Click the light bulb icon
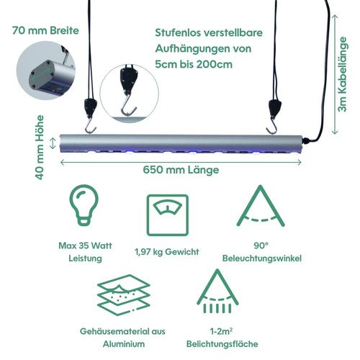pos(84,204)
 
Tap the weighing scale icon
pos(168,215)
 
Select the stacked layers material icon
pos(124,294)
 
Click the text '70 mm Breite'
pos(45,31)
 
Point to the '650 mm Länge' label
pos(181,170)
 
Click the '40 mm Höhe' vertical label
pos(40,148)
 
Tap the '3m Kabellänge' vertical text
pos(342,74)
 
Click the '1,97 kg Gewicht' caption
pos(167,252)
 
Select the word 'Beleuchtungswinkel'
pos(262,258)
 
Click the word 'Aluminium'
pos(124,344)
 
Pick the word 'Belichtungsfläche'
pos(222,344)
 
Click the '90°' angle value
pos(261,246)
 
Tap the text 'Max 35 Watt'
pos(85,246)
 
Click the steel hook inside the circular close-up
pos(129,105)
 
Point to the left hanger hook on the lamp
pos(90,127)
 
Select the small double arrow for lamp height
pos(53,143)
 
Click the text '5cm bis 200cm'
pos(194,64)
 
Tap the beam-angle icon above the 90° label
pos(261,206)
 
